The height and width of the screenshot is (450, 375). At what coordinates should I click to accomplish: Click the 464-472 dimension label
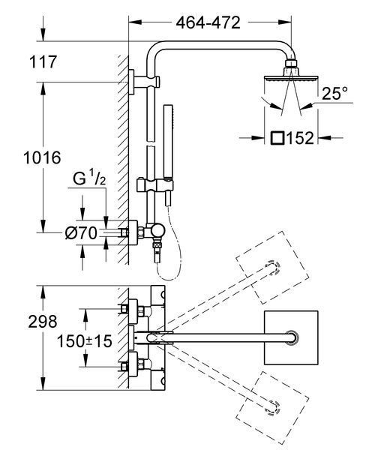point(208,22)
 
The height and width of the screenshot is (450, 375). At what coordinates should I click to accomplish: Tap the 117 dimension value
point(43,62)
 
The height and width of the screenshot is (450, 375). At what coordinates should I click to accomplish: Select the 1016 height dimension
point(42,157)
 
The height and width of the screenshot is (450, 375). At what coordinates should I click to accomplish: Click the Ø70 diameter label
point(81,232)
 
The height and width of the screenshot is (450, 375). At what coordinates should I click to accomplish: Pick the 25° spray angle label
point(334,93)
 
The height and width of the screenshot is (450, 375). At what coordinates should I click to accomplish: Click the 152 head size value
point(300,138)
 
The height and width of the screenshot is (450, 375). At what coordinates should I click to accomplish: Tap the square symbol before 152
point(277,138)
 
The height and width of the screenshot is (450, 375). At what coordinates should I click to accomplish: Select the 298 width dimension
point(43,322)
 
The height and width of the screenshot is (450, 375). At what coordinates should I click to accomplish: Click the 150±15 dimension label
point(84,341)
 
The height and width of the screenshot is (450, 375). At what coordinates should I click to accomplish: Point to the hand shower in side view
point(169,155)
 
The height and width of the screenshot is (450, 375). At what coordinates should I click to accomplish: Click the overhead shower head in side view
point(291,73)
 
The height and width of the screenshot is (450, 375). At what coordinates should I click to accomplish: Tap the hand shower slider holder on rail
point(155,184)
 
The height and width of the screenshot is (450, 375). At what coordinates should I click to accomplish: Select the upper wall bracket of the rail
point(144,82)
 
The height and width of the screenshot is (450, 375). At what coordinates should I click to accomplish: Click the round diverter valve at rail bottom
point(158,231)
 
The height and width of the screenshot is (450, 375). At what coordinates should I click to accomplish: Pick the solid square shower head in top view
point(291,337)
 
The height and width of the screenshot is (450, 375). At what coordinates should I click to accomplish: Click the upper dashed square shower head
point(272,268)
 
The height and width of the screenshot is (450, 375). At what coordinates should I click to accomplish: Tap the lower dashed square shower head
point(272,407)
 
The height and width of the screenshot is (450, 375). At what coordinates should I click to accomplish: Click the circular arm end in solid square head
point(292,337)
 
